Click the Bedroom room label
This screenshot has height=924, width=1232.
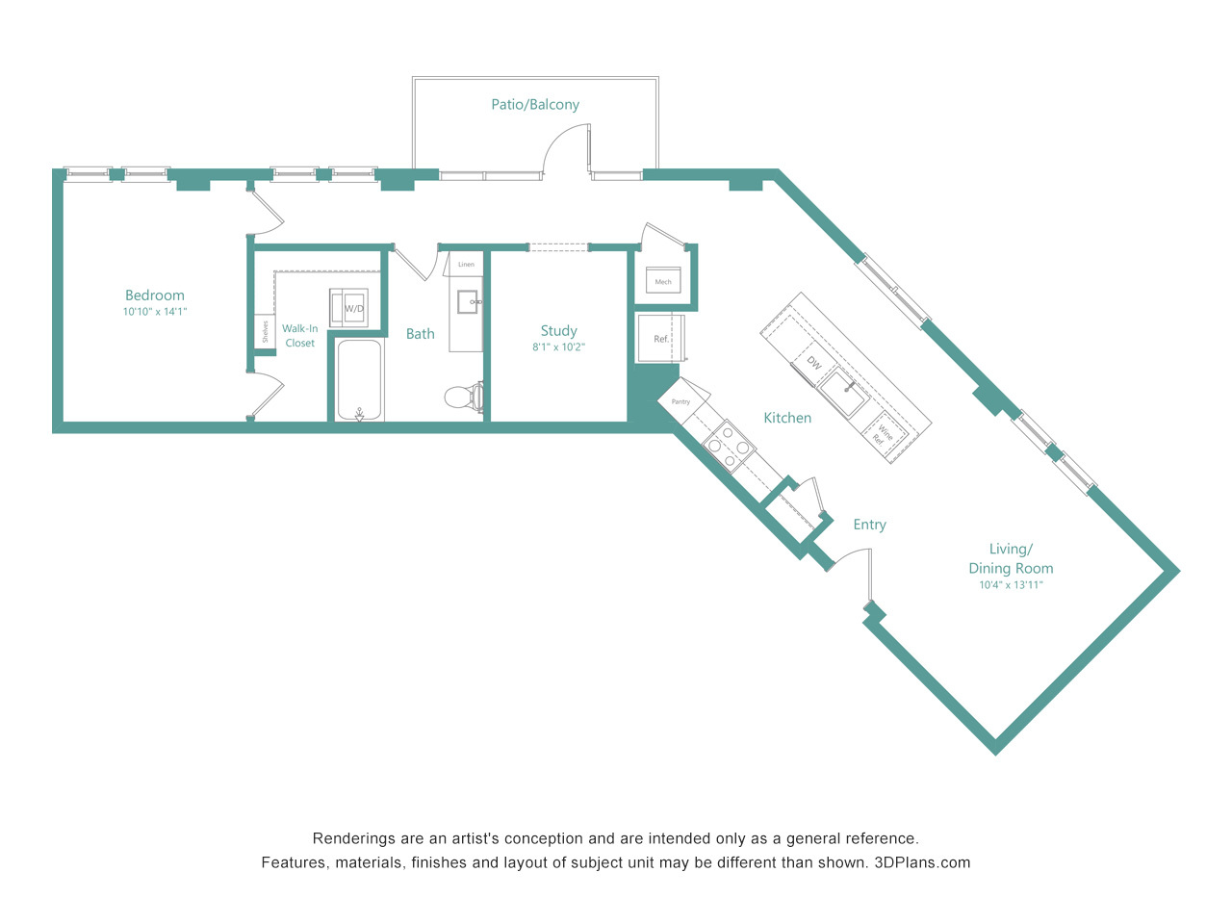click(x=154, y=295)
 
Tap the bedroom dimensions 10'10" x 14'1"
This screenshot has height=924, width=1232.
click(x=155, y=311)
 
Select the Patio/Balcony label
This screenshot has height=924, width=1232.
click(x=535, y=104)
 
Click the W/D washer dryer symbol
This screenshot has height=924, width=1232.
click(x=348, y=307)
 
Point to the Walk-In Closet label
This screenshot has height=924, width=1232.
click(x=299, y=336)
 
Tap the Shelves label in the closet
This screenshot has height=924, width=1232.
click(x=266, y=331)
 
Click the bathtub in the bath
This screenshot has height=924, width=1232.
click(x=360, y=380)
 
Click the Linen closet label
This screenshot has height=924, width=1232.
click(x=466, y=265)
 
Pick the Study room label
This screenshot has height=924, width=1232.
click(x=558, y=330)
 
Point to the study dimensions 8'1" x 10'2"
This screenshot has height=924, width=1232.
click(x=558, y=346)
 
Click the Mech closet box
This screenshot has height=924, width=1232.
click(x=663, y=280)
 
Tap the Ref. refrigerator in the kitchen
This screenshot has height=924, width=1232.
click(x=660, y=338)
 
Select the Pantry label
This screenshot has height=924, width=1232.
click(x=680, y=401)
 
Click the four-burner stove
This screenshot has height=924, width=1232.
click(x=729, y=447)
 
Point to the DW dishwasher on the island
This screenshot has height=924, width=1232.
click(x=813, y=363)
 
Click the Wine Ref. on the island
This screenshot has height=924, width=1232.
click(x=883, y=434)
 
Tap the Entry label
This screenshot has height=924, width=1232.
click(x=869, y=525)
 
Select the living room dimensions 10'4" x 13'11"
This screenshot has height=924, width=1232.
click(x=1011, y=585)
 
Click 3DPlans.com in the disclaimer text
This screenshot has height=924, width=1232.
click(x=922, y=862)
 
